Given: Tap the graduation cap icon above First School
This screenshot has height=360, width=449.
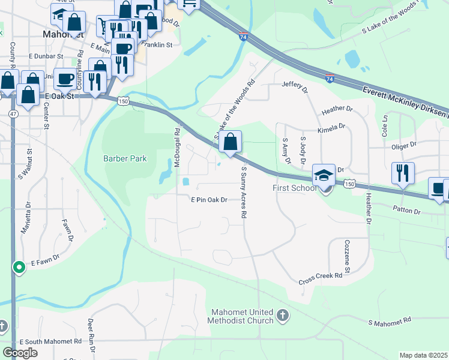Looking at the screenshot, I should (324, 175).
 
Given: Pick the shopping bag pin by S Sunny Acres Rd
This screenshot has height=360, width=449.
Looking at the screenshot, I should (231, 142).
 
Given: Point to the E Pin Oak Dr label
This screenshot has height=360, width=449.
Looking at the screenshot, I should (209, 200).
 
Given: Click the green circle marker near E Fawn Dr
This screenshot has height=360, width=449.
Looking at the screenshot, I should (19, 266).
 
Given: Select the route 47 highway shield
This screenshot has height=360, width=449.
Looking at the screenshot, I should (13, 113).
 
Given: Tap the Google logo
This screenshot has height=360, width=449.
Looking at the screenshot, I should (20, 353).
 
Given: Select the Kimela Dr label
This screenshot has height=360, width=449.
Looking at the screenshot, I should (334, 127).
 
